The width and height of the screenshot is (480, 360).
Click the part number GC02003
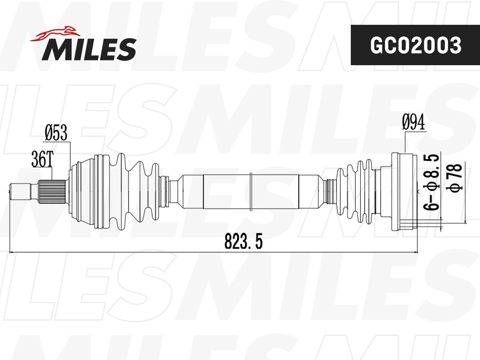coord(415,45)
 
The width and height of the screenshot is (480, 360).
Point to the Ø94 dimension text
coord(414,122)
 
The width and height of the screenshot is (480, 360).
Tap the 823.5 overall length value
coord(244,242)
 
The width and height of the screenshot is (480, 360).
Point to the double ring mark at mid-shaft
coord(250,191)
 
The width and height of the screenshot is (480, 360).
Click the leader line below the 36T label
coord(52,174)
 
